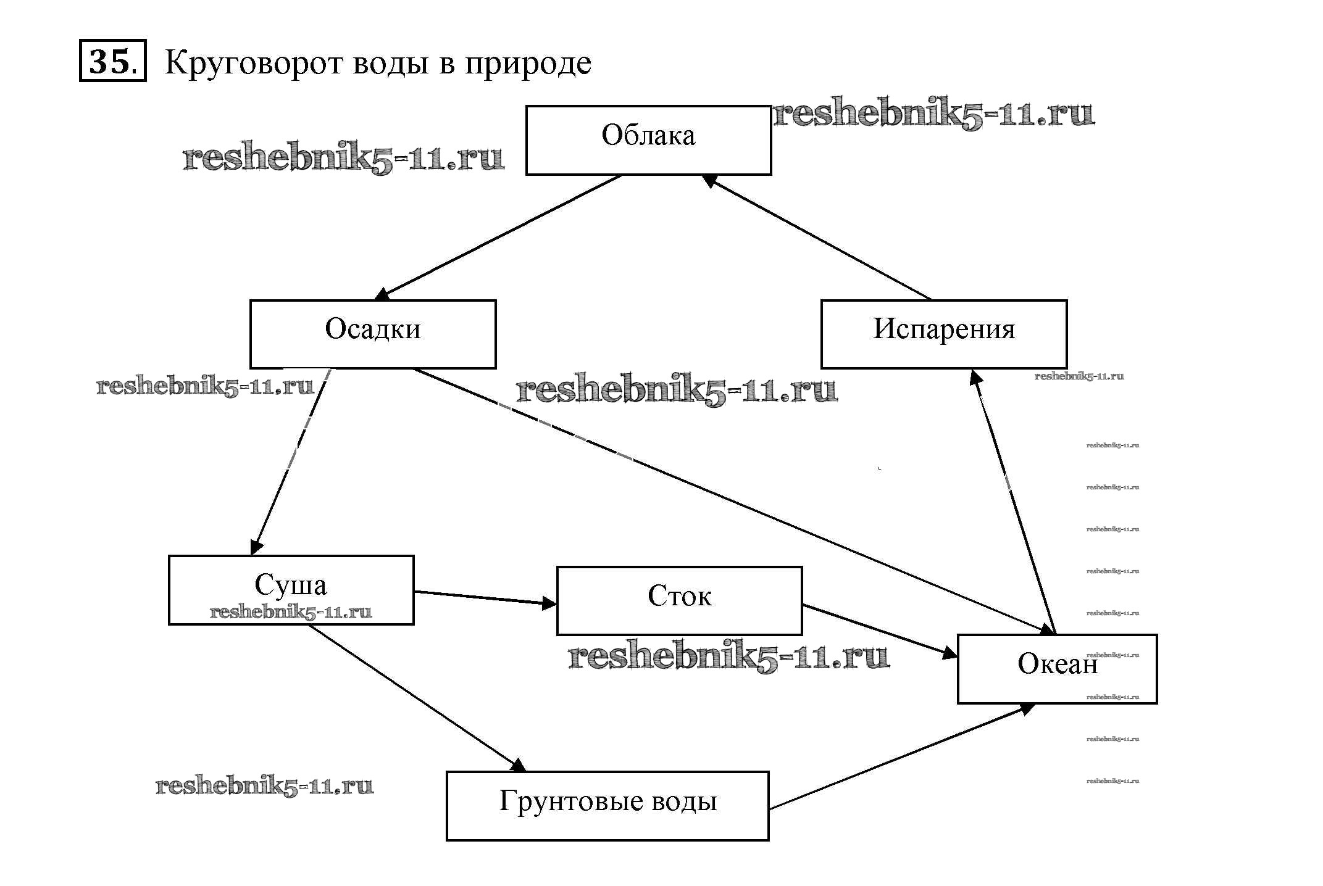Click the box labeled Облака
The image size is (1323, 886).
point(648,140)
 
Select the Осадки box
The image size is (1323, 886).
point(372,334)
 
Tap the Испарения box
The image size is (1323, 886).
point(943,334)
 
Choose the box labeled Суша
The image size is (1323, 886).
point(291,589)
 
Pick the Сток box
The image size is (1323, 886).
point(679,600)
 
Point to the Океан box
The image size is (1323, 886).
point(1057,668)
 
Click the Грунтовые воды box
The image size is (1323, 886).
point(607,805)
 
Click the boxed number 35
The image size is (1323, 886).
point(112,60)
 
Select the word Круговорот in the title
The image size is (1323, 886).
point(253,62)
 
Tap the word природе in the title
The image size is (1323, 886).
point(528,64)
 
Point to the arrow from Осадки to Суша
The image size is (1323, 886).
point(290,460)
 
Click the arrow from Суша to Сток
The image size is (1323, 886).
point(485,598)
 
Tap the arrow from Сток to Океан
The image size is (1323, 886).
point(879,631)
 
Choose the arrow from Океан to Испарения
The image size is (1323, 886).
point(1013,500)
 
